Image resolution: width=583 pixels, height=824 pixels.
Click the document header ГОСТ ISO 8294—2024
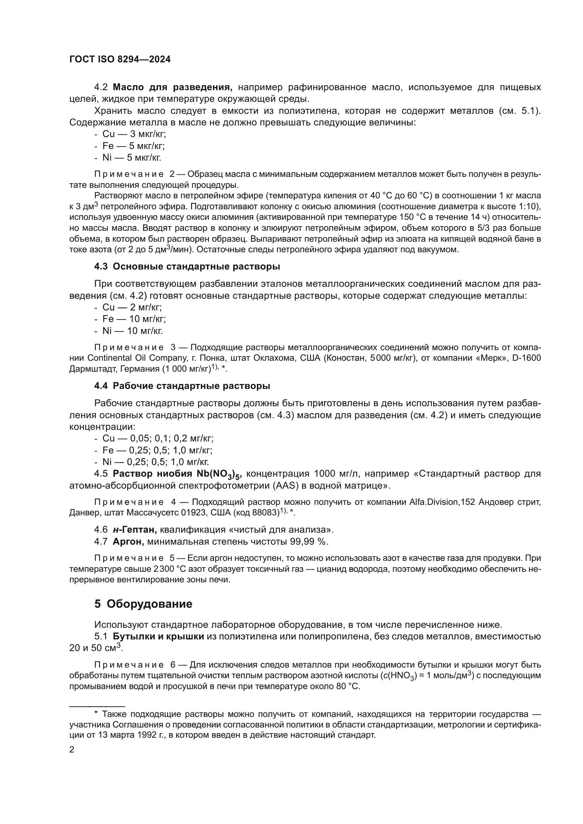(120, 60)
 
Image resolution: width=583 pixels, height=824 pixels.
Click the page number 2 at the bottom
(72, 750)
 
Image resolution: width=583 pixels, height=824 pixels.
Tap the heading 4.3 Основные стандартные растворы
(187, 267)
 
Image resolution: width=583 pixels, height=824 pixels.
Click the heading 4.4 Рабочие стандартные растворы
(182, 386)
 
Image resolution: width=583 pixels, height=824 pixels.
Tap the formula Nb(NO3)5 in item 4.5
(219, 475)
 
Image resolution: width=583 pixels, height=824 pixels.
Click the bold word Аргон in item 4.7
(128, 541)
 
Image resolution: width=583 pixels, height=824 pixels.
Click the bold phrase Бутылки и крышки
(158, 637)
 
